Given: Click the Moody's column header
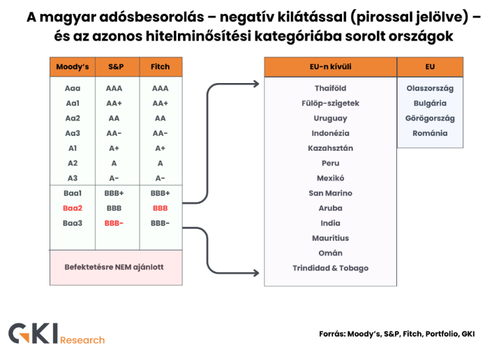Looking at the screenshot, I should tap(73, 67).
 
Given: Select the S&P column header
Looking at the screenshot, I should tap(115, 67).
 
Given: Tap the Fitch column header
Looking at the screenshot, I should tap(160, 67).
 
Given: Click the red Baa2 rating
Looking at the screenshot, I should tap(73, 208).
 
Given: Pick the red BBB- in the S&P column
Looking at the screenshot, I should tap(114, 223).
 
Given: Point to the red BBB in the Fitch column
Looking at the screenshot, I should tap(160, 208).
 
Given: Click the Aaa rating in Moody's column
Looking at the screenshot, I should tap(73, 89).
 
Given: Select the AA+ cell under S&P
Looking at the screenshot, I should tap(114, 103).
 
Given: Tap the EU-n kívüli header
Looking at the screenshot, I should tap(330, 67).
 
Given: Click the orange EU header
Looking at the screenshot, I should tap(430, 67).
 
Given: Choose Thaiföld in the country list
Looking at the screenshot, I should tap(330, 89).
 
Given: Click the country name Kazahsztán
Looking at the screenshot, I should tap(330, 148).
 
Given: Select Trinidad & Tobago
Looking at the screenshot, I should tap(330, 268).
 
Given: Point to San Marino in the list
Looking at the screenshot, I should tap(330, 193).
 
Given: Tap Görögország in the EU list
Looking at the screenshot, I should tap(430, 119).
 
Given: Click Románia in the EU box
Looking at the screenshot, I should tap(430, 133).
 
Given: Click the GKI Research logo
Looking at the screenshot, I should tap(57, 333).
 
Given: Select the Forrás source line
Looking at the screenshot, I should tap(396, 333).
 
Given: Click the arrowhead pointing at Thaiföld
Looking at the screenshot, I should tap(256, 84).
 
